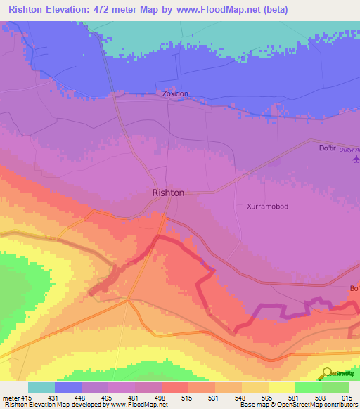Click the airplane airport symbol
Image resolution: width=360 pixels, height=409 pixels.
355,160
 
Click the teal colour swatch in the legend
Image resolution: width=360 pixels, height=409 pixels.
41,387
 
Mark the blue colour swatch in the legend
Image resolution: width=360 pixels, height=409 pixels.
68,387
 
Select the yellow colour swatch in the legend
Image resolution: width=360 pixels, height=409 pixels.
282,387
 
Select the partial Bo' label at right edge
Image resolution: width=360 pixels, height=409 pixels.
354,288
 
